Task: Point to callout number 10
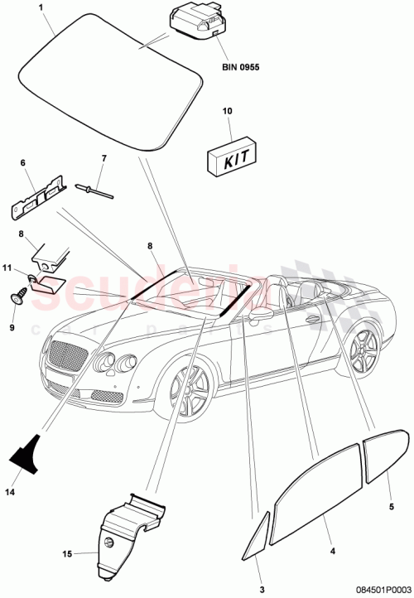(229, 110)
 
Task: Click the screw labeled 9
(17, 293)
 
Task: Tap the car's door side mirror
(262, 316)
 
